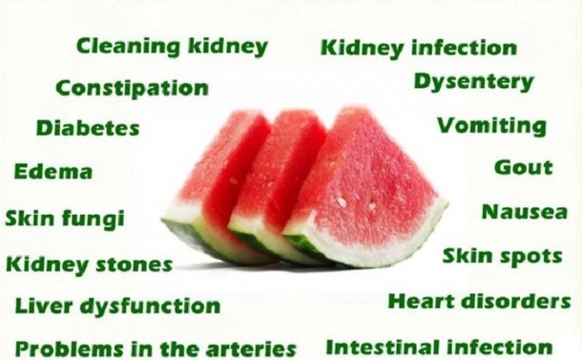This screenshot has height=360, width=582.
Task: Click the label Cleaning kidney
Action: pyautogui.click(x=172, y=46)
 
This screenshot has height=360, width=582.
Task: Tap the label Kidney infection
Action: pyautogui.click(x=419, y=47)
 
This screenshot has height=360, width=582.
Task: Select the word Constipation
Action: pyautogui.click(x=132, y=88)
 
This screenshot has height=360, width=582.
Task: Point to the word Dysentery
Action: pyautogui.click(x=473, y=82)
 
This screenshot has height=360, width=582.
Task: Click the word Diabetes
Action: pyautogui.click(x=88, y=128)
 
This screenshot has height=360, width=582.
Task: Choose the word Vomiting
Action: pyautogui.click(x=492, y=126)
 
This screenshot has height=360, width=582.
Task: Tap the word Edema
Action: pyautogui.click(x=53, y=173)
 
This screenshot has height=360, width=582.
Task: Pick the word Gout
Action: pyautogui.click(x=523, y=167)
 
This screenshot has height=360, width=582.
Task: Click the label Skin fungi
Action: pyautogui.click(x=65, y=219)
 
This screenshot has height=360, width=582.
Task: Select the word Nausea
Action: pyautogui.click(x=524, y=212)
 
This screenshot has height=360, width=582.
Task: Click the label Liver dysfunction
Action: pyautogui.click(x=117, y=307)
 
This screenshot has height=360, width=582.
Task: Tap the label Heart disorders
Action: pyautogui.click(x=479, y=302)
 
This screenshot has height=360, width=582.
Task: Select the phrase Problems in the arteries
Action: pyautogui.click(x=156, y=349)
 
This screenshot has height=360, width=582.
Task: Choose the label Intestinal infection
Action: pyautogui.click(x=439, y=347)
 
